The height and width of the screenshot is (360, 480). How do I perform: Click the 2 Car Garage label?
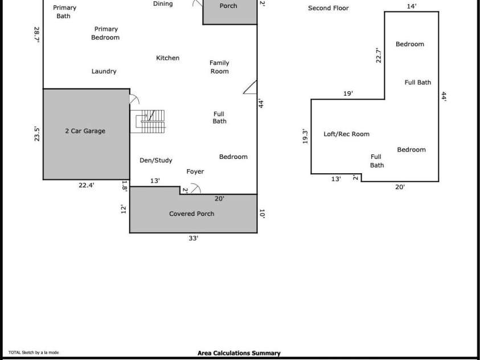85,131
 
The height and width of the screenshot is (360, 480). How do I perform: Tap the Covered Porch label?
191,214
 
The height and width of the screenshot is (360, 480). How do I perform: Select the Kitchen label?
167,58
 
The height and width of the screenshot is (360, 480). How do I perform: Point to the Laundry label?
104,72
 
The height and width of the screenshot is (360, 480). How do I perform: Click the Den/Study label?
155,161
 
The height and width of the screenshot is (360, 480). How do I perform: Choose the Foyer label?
195,171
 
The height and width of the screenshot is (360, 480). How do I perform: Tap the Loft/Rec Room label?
346,134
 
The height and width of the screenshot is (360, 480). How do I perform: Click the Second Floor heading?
328,9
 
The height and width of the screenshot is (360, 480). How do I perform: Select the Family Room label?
219,67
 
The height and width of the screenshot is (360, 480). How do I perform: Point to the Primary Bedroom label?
106,33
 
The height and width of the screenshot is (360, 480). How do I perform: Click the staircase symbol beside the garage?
149,121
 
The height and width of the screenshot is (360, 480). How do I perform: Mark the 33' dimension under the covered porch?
193,239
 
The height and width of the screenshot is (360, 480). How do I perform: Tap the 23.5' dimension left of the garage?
37,134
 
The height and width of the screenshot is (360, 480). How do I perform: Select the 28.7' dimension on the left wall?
37,35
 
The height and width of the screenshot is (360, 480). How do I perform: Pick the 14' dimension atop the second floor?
411,7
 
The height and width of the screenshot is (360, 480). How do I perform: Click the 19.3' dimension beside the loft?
305,136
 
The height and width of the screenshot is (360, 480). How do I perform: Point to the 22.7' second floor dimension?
378,55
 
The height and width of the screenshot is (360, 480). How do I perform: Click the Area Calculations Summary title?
239,353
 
